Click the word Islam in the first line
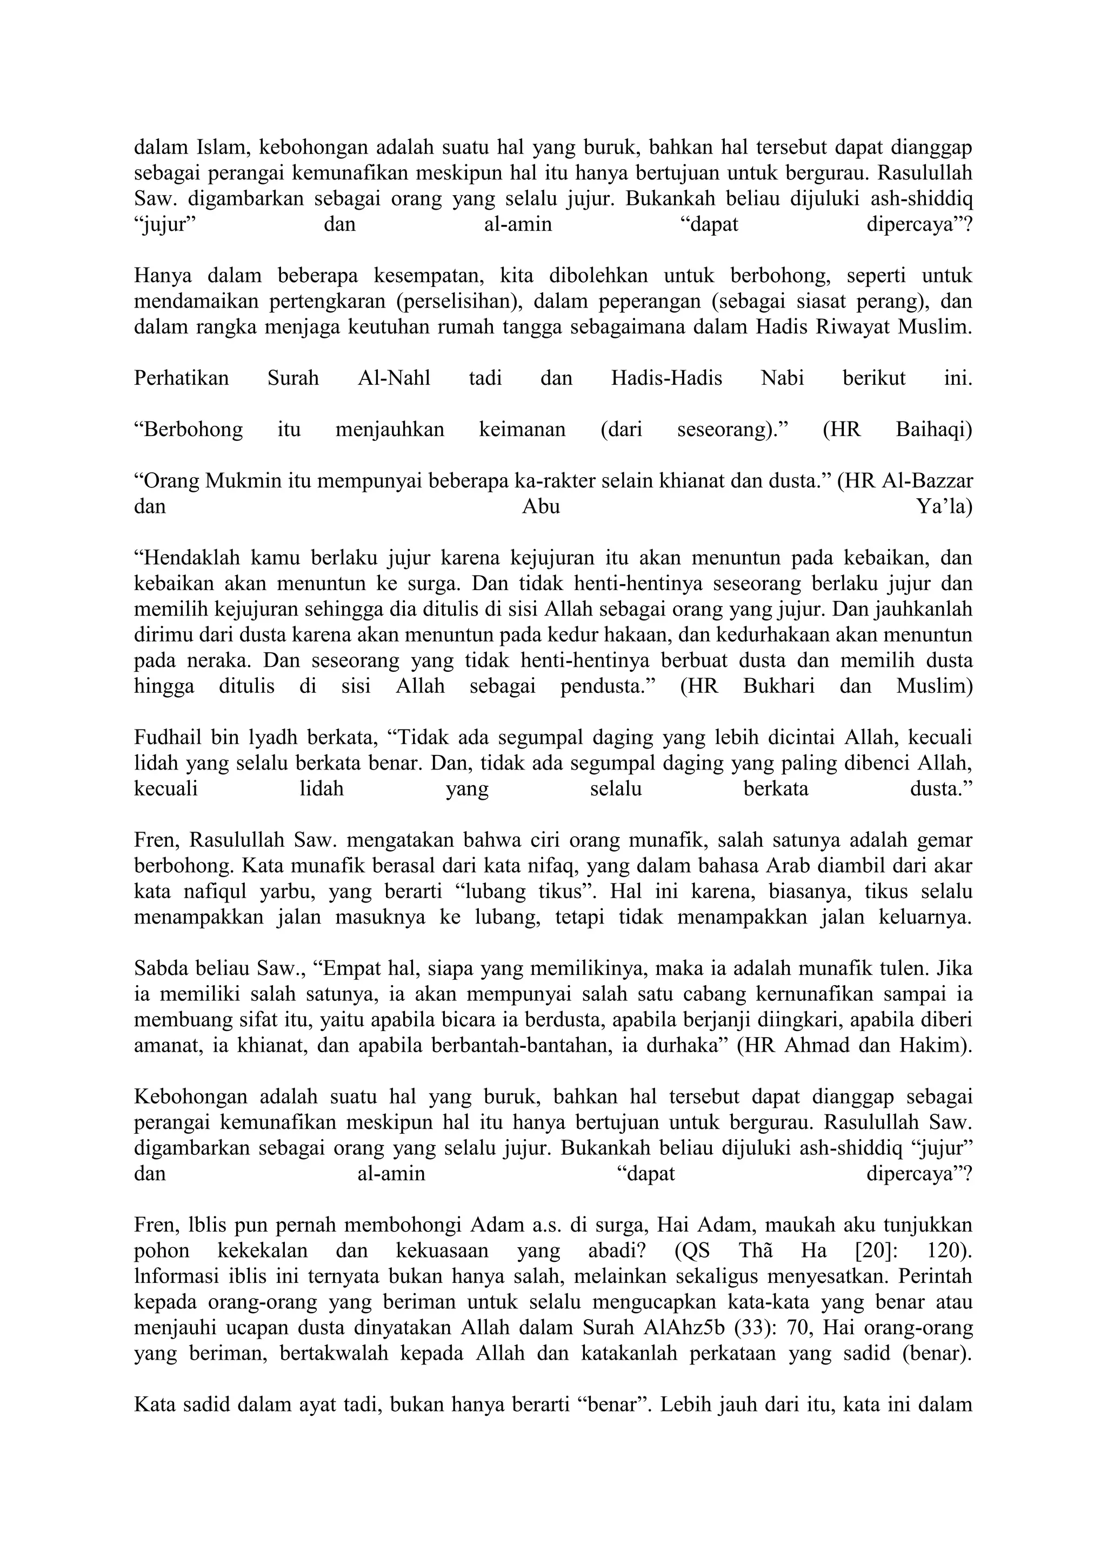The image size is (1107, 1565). click(223, 146)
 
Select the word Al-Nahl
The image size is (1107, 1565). click(394, 378)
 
